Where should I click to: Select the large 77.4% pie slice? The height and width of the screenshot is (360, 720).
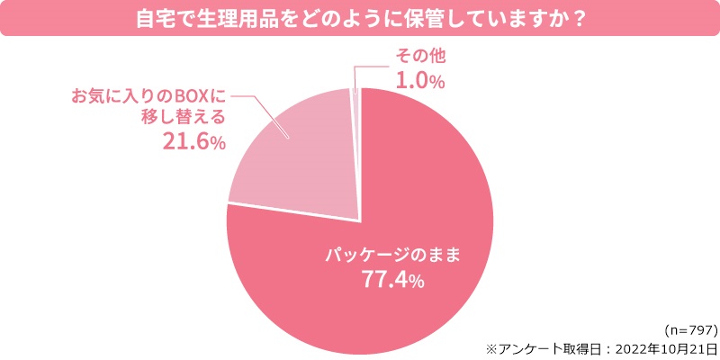click(387, 270)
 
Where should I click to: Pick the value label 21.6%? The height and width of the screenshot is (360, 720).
click(193, 140)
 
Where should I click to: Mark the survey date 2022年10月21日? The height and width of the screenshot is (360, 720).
click(666, 346)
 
